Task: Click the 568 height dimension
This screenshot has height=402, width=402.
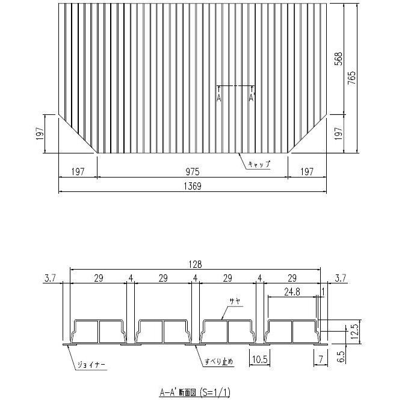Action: [x=339, y=58]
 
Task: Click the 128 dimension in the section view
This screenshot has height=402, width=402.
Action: [x=194, y=264]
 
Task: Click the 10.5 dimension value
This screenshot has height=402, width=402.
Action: [x=260, y=360]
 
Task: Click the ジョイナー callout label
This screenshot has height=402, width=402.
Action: [x=91, y=365]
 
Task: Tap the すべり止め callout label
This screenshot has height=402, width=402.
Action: [x=218, y=361]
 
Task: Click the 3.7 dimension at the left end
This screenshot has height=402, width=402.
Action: [x=50, y=277]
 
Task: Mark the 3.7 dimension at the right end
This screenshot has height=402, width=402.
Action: [x=341, y=277]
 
